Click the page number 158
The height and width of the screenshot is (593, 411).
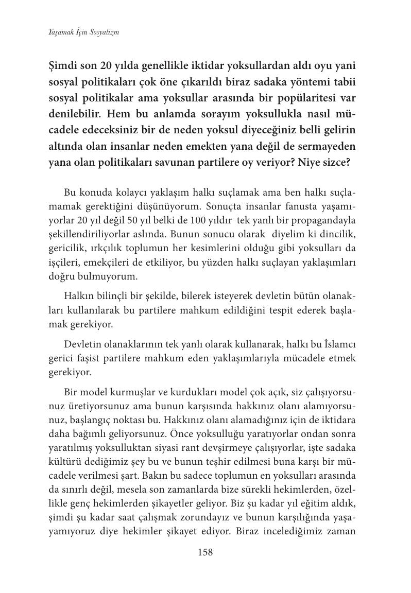[205, 552]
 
